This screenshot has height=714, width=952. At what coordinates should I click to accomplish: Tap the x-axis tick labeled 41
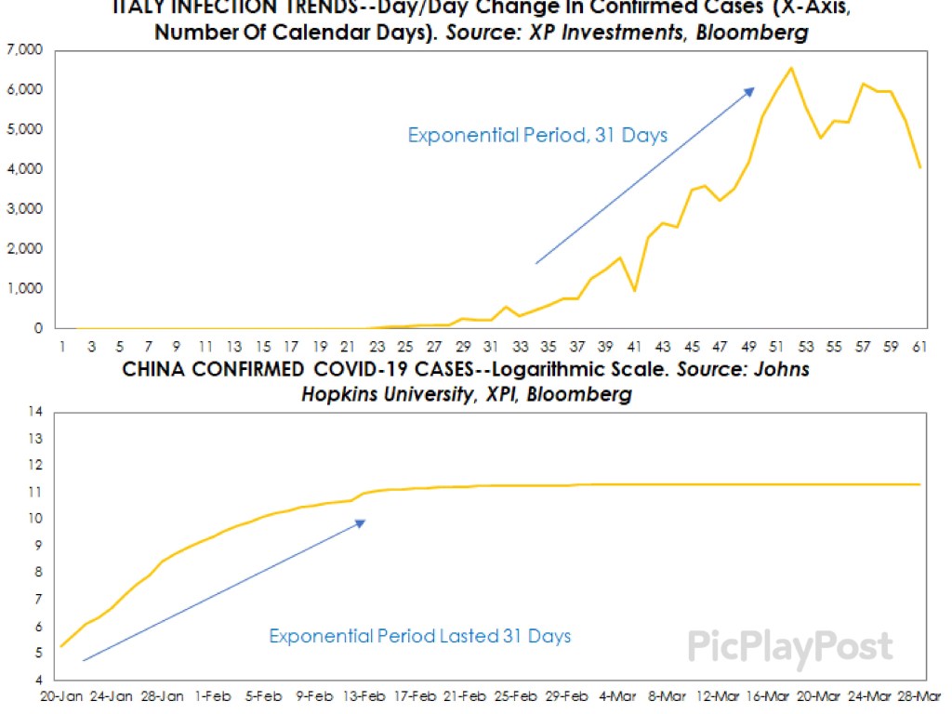pos(633,346)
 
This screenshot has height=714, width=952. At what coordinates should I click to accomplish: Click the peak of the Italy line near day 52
pos(790,68)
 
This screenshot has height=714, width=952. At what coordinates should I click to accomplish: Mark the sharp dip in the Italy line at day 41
pos(633,291)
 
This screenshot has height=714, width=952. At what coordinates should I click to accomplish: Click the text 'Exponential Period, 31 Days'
pos(537,136)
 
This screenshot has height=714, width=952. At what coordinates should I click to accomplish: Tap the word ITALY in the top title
pos(138,8)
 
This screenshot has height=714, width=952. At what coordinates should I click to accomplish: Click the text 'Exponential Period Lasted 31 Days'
pos(419,637)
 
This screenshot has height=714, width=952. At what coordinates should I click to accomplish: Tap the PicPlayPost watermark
pos(789,647)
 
